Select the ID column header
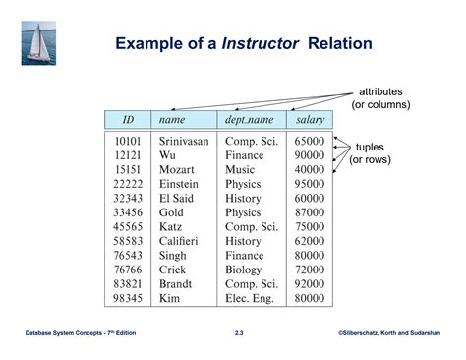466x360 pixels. click(128, 119)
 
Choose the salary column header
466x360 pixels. click(310, 119)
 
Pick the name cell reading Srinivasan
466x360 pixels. click(184, 141)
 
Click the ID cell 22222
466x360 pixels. click(129, 184)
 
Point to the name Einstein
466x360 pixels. click(178, 184)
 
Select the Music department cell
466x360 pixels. click(240, 169)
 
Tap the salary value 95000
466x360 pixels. click(310, 184)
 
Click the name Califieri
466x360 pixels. click(179, 241)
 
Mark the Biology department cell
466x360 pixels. click(244, 270)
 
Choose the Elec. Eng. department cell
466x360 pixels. click(252, 298)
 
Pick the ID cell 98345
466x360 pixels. click(129, 298)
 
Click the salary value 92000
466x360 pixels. click(310, 284)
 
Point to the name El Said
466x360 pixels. click(176, 198)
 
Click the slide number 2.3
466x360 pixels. click(240, 335)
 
